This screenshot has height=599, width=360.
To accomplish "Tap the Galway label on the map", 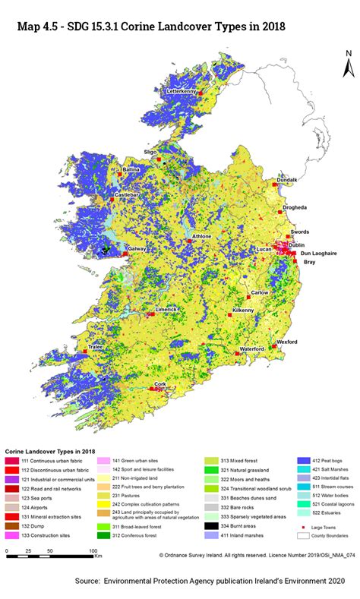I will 137,249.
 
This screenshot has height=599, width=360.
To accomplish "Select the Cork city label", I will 159,385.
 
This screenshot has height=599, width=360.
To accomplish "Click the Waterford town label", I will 251,348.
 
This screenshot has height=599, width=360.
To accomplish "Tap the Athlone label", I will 201,237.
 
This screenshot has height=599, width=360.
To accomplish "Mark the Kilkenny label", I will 243,311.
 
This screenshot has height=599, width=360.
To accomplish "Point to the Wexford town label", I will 286,342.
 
